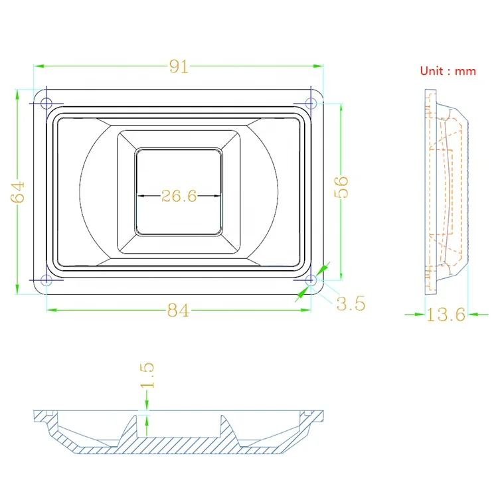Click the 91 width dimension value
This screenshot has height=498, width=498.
[x=178, y=66]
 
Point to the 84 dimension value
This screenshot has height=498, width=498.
[x=177, y=311]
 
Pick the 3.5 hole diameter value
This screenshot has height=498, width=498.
[x=350, y=304]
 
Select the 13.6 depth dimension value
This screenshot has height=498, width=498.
[x=446, y=315]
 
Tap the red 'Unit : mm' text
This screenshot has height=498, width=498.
[x=448, y=71]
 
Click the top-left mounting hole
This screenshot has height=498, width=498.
[x=46, y=103]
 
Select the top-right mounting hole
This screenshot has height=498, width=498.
[x=311, y=103]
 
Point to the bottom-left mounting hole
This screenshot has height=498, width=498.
[x=46, y=281]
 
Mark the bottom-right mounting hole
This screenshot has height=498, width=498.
[x=311, y=281]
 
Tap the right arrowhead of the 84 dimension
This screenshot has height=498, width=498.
[x=307, y=309]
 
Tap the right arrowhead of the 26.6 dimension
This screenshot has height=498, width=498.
[x=218, y=196]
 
